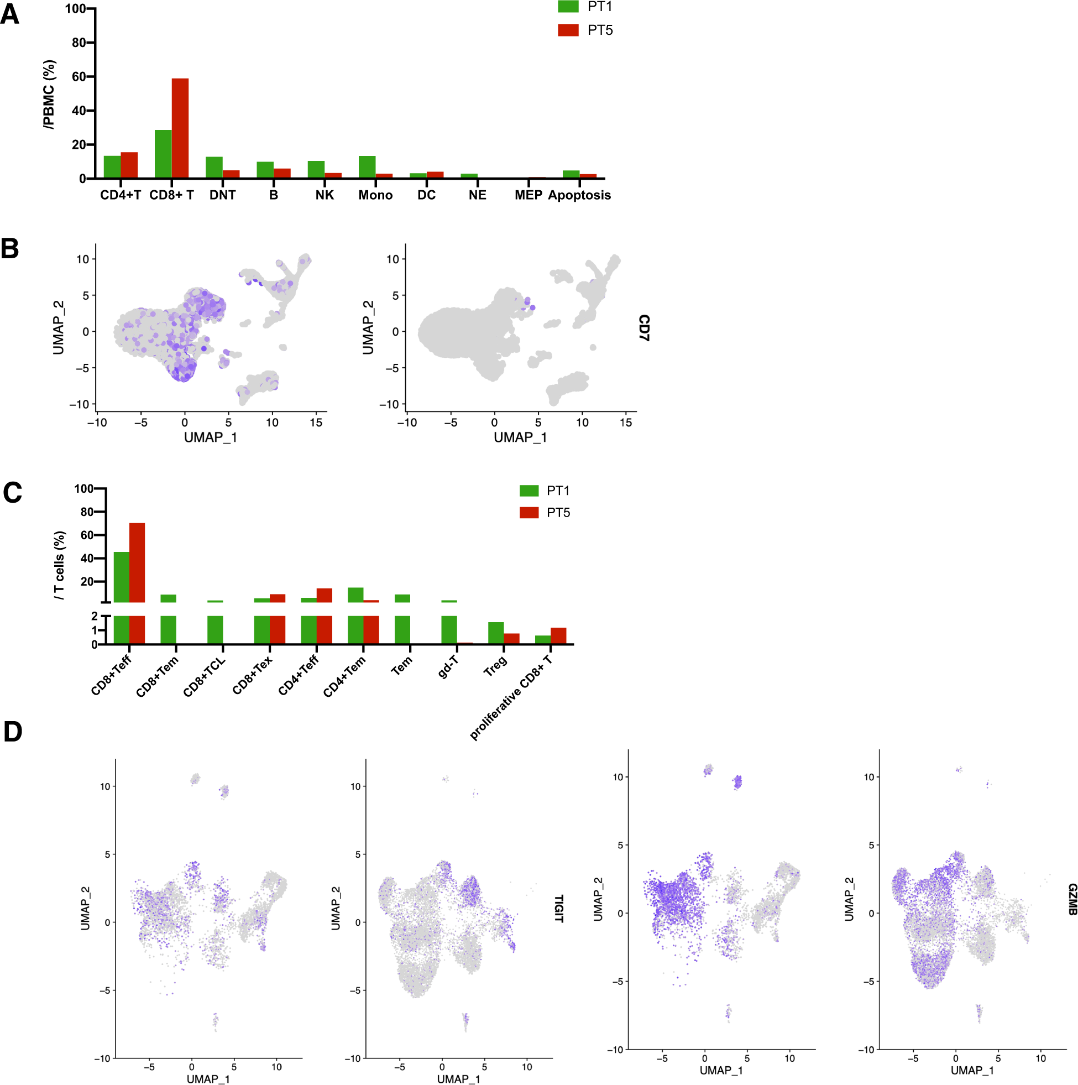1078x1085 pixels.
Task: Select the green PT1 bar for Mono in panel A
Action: point(367,167)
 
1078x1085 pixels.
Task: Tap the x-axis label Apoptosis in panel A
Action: point(579,195)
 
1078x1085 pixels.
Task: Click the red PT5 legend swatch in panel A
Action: point(568,30)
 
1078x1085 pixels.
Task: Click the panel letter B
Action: point(9,249)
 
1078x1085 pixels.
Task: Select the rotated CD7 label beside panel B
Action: point(643,328)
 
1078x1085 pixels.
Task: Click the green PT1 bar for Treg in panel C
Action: point(495,633)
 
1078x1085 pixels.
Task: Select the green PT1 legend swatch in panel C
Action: point(528,491)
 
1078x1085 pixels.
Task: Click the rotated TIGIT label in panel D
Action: point(558,909)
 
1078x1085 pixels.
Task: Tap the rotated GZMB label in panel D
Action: point(1072,899)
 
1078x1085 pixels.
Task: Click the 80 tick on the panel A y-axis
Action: point(79,43)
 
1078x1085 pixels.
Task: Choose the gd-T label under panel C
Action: point(448,666)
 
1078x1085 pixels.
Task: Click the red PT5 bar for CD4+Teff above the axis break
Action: point(324,595)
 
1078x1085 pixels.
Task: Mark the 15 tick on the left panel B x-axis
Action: point(316,423)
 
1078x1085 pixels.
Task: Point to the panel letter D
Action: point(12,732)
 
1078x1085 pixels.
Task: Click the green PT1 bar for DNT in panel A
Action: point(214,168)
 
